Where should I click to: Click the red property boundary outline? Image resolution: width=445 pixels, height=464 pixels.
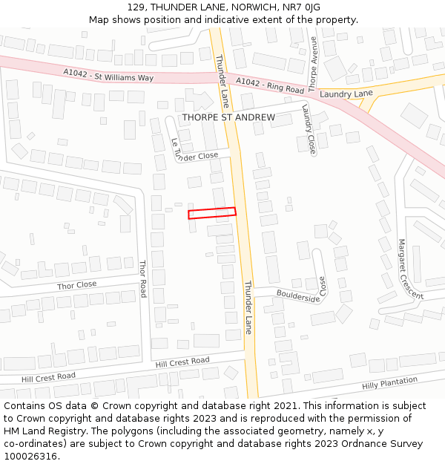[x=212, y=213]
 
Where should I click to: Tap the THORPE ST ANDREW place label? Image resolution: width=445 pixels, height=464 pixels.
[x=228, y=117]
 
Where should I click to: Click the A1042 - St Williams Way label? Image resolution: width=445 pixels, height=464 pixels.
[x=108, y=74]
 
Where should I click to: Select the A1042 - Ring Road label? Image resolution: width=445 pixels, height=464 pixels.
[x=270, y=85]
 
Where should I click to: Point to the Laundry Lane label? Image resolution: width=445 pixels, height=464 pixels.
[x=346, y=94]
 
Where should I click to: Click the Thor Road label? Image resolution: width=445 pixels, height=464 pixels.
[x=143, y=278]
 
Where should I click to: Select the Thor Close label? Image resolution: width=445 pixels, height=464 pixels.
[x=77, y=285]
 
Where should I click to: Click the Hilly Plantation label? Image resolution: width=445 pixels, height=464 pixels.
[x=389, y=383]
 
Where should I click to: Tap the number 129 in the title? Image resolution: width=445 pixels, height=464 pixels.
[x=136, y=7]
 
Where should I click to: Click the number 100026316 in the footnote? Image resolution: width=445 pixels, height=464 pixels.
[x=32, y=456]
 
